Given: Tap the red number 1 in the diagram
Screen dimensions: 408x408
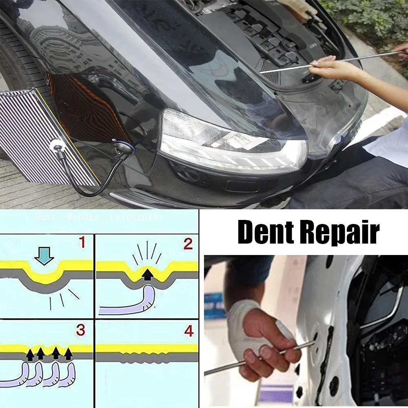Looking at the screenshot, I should click(x=82, y=244).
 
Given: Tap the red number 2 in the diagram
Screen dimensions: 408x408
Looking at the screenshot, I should click(x=188, y=244).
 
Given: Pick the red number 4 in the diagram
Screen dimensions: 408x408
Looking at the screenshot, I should click(x=188, y=331).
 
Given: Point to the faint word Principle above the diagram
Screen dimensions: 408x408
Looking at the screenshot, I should click(x=133, y=217).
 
